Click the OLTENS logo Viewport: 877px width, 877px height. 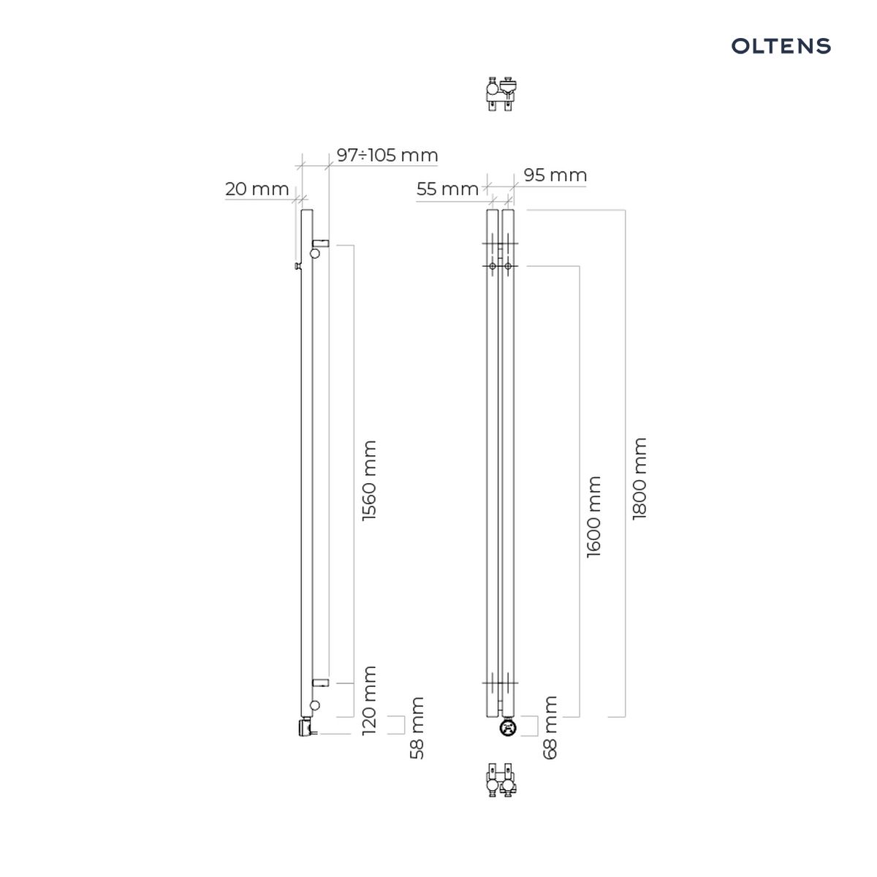coord(781,46)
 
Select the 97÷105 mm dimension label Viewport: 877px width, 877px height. coord(387,155)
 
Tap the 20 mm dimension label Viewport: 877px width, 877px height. coord(257,189)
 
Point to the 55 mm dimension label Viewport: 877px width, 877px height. coord(447,189)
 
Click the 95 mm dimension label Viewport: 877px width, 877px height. coord(555,175)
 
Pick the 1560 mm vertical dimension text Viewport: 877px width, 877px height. coord(369,481)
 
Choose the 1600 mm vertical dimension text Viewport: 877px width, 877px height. coord(593,517)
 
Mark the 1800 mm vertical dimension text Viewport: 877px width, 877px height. coord(639,478)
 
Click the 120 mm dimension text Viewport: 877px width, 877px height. coord(369,700)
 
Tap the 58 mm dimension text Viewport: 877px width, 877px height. coord(417,728)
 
